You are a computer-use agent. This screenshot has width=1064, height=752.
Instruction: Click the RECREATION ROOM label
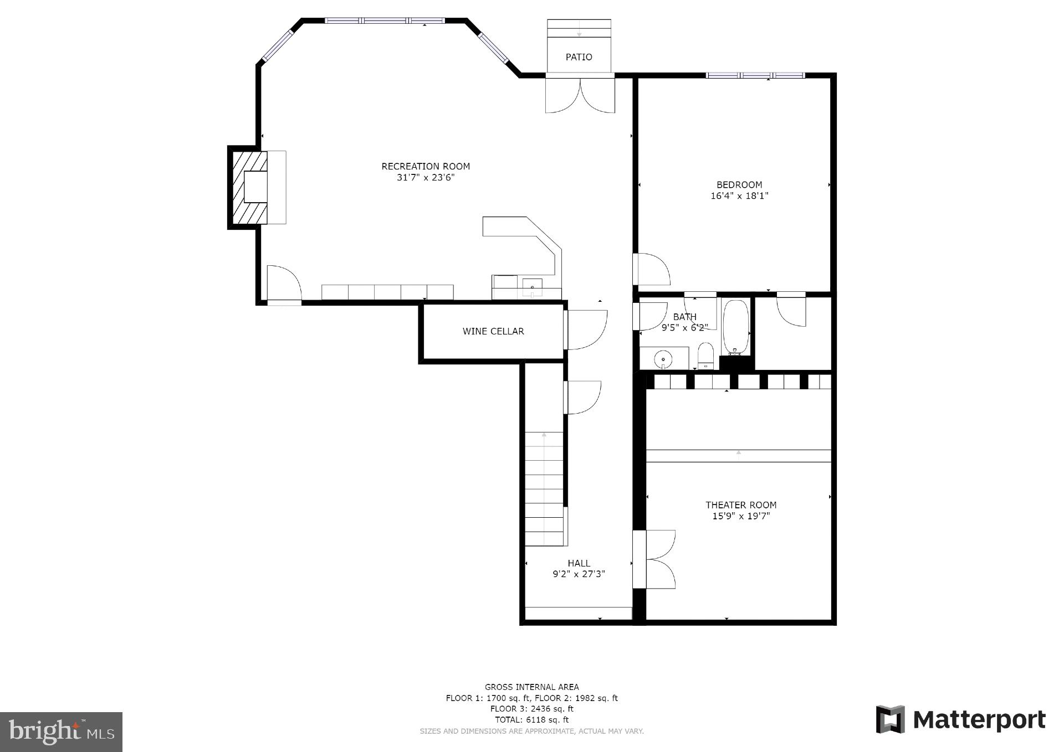click(x=425, y=166)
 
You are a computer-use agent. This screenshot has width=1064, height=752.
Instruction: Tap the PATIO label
click(x=579, y=57)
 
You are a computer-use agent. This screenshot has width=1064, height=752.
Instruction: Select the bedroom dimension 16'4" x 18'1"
click(x=739, y=195)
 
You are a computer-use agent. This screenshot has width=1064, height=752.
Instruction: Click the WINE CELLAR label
click(x=493, y=331)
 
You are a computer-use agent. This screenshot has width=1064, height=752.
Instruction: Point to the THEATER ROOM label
click(x=740, y=505)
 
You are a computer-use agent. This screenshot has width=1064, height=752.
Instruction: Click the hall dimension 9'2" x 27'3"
click(x=579, y=574)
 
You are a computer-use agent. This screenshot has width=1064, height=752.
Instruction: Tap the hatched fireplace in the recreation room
click(x=249, y=187)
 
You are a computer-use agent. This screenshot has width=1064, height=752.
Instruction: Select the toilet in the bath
click(x=705, y=356)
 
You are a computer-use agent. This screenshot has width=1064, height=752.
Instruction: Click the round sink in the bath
click(x=663, y=360)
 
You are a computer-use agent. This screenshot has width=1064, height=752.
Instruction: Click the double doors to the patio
click(x=580, y=95)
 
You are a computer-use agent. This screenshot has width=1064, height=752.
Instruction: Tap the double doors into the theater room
click(x=659, y=559)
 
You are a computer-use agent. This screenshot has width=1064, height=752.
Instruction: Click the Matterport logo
click(x=960, y=720)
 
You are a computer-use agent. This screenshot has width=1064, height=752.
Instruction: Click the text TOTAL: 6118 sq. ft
click(x=531, y=720)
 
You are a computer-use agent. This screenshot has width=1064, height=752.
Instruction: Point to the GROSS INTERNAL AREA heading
click(x=531, y=687)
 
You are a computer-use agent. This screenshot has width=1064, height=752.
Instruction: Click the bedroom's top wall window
click(x=755, y=75)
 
